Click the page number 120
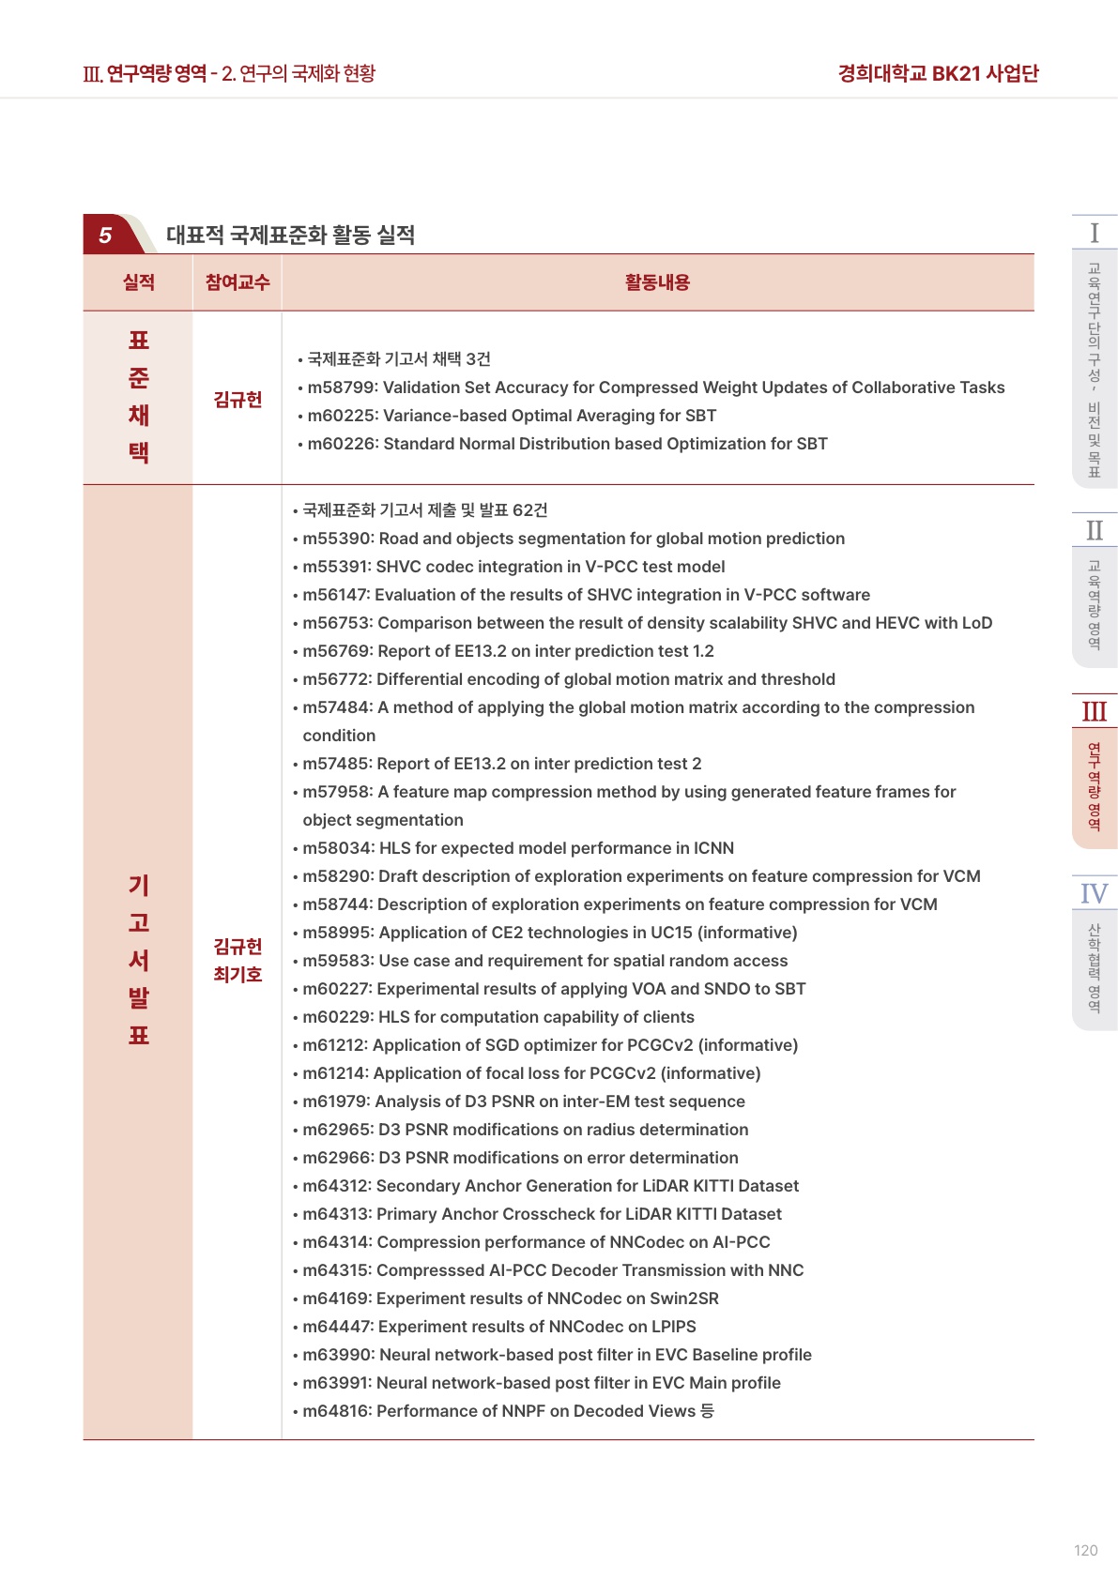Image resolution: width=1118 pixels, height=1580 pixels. coord(1085,1550)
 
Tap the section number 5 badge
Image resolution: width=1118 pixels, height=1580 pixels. coord(105,235)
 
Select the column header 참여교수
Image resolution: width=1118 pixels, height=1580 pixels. coord(237,282)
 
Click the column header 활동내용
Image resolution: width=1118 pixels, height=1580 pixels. coord(657,282)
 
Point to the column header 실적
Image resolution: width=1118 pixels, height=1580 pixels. coord(139,282)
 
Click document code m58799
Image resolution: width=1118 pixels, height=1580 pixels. coord(341,387)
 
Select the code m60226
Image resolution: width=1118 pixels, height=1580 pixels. coord(341,444)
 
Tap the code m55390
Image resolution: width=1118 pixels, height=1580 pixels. coord(336,539)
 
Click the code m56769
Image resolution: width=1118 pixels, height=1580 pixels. coord(336,651)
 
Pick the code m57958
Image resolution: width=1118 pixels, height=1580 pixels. coord(336,792)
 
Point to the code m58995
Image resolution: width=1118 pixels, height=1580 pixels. coord(336,933)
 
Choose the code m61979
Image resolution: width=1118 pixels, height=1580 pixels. coord(335,1101)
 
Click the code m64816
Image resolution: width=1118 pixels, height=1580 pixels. coord(336,1411)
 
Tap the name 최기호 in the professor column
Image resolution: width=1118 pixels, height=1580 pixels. coord(237,975)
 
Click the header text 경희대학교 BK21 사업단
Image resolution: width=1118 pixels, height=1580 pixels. coord(938,73)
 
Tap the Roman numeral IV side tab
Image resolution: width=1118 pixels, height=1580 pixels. coord(1094,893)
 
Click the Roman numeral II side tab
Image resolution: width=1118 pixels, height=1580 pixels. coord(1094,531)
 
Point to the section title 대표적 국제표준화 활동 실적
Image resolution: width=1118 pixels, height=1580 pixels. coord(290,235)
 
